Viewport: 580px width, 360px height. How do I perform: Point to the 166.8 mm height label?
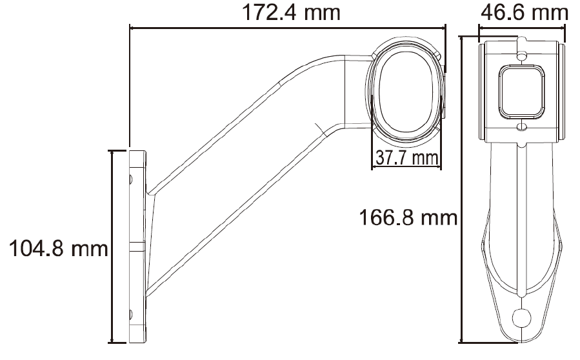[x=408, y=218]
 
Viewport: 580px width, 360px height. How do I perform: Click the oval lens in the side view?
[x=406, y=90]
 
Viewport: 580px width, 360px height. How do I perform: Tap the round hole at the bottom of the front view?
[x=522, y=317]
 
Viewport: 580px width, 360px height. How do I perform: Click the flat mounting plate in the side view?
[x=138, y=246]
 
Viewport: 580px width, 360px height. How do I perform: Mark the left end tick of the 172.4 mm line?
[x=130, y=28]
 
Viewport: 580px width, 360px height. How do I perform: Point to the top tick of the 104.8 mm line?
[x=114, y=150]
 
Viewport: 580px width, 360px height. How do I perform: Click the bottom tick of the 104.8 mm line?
[x=114, y=342]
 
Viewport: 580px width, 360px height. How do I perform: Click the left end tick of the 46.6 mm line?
[x=478, y=28]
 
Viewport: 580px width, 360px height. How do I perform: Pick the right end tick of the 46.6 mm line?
[x=565, y=28]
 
